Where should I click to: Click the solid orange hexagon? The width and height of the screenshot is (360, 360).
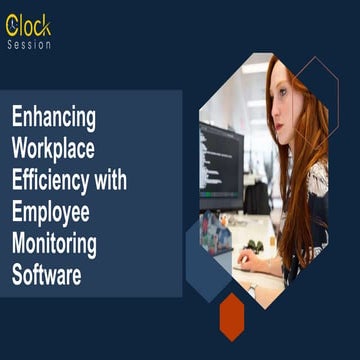coord(232,314)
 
